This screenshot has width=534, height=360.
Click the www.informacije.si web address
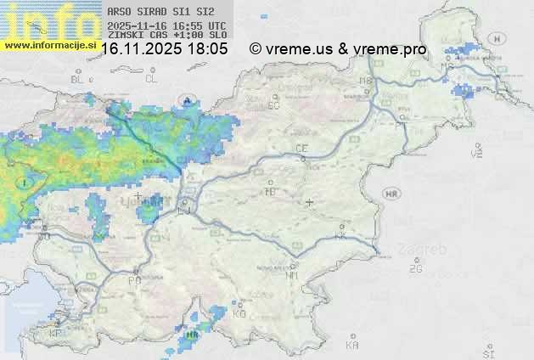51,45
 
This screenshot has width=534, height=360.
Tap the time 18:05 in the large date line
208,49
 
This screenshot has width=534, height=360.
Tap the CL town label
151,79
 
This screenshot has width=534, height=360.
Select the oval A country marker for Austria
186,101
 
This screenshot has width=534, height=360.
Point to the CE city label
301,149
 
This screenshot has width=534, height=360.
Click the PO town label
134,280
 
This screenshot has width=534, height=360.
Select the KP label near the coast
56,334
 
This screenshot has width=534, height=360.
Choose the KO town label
239,314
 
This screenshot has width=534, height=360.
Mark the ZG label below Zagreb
415,269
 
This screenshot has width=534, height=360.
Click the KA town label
352,346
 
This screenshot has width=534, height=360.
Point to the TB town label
271,192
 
